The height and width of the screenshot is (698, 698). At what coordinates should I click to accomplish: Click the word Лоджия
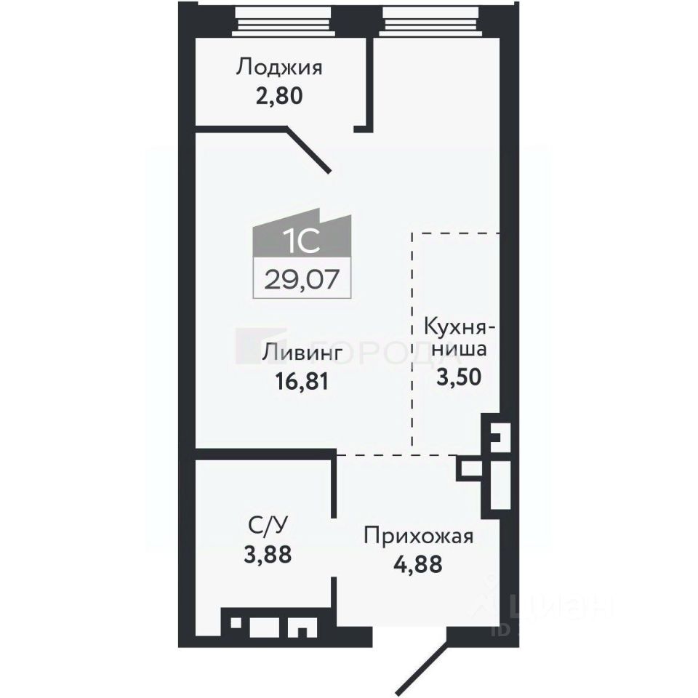point(279,69)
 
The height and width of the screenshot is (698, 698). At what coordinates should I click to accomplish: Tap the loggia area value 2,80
point(279,95)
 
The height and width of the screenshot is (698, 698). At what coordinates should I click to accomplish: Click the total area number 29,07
point(302,279)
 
